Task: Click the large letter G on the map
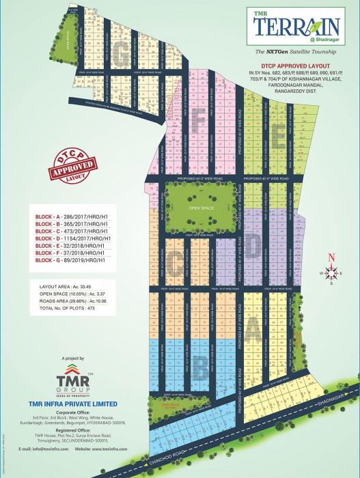tap(124, 56)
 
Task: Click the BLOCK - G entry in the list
tap(71, 260)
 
